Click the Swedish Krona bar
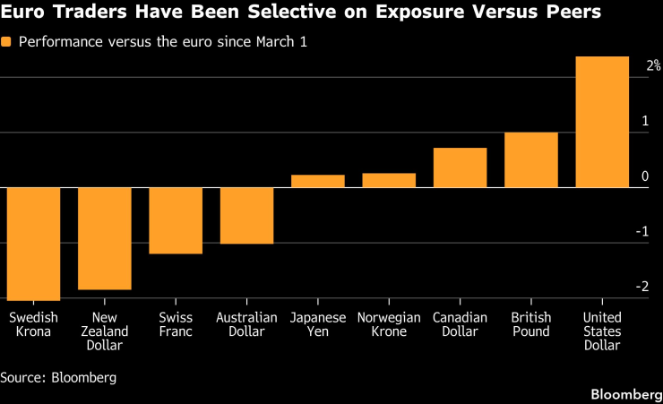click(x=33, y=244)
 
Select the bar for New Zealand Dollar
click(x=104, y=238)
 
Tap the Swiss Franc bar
click(x=176, y=220)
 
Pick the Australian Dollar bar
click(x=246, y=215)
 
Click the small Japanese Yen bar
click(x=317, y=181)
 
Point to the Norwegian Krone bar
click(x=389, y=180)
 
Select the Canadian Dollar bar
click(x=460, y=168)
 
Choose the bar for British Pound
click(x=530, y=159)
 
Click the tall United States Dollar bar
click(x=602, y=122)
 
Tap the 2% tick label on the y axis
click(x=653, y=65)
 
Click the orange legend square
click(x=7, y=42)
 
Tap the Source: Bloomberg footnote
click(x=58, y=377)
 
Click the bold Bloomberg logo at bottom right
click(x=624, y=394)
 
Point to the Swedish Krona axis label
click(x=33, y=324)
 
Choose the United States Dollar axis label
click(x=602, y=331)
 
